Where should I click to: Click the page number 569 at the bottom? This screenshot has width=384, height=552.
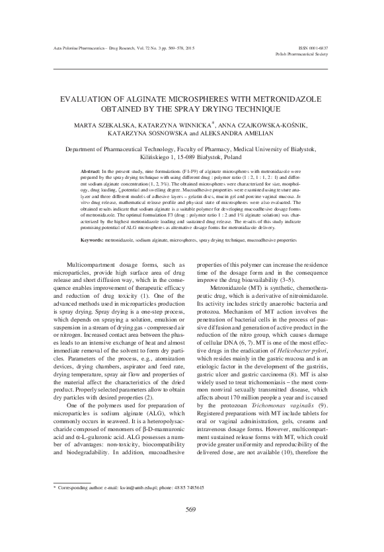(192, 527)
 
